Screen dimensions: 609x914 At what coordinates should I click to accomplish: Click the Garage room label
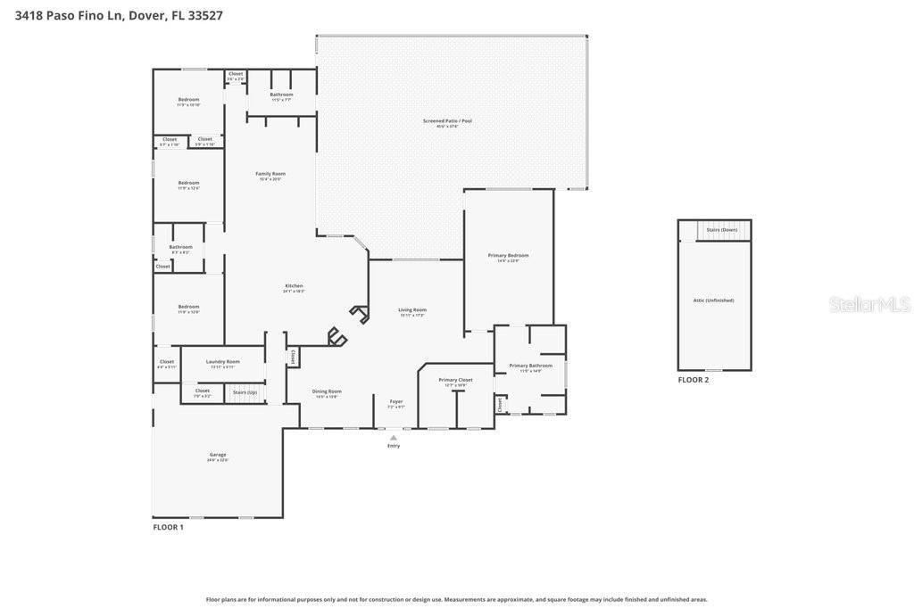218,455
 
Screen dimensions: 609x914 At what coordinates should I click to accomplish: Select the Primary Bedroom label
508,256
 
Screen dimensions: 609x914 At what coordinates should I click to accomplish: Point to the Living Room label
412,310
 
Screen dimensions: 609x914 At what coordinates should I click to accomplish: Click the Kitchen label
294,286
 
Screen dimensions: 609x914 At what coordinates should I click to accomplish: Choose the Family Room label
270,174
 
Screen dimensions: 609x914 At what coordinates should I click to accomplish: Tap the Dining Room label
327,391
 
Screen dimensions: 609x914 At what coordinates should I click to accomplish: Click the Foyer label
396,401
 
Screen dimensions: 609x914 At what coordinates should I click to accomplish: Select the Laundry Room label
222,362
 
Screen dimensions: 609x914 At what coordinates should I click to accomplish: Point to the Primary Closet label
455,380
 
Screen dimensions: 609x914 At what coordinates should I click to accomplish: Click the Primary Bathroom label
531,366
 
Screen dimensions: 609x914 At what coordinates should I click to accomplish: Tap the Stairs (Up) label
245,392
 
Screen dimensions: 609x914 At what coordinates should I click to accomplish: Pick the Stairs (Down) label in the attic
722,230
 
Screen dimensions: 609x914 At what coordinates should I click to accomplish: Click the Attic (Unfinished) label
713,300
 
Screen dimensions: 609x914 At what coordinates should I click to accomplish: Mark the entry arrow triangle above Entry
394,437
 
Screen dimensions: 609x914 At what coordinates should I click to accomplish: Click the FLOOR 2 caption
693,380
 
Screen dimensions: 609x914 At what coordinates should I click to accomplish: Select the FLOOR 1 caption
168,528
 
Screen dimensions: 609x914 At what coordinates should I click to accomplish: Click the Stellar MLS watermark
869,305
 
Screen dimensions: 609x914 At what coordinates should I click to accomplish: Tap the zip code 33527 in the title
205,15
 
